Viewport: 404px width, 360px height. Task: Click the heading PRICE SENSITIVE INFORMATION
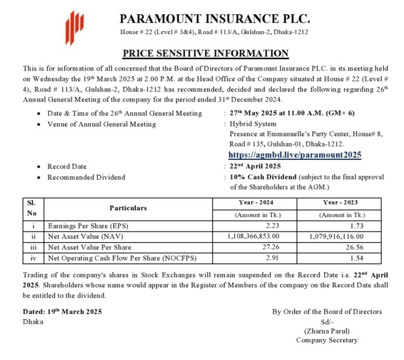[x=206, y=53]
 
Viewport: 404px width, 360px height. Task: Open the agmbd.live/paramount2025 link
[x=295, y=155]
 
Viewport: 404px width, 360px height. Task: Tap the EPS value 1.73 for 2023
[x=372, y=226]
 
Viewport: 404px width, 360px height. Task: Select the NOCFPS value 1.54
[x=372, y=258]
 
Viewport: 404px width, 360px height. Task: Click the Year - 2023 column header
[x=339, y=203]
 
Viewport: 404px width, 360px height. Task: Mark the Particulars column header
[x=128, y=208]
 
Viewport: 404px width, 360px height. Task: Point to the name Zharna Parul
[x=326, y=331]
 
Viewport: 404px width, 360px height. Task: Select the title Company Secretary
[x=326, y=340]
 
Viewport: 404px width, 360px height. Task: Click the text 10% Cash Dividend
[x=263, y=177]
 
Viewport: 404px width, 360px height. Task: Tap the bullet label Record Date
[x=67, y=166]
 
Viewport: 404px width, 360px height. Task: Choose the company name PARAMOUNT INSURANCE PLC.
[x=215, y=19]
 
